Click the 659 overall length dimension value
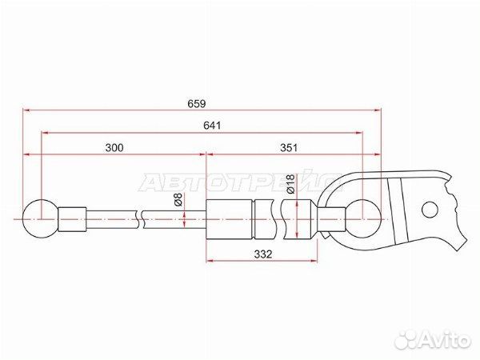197,104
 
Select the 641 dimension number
212,126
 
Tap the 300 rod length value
114,147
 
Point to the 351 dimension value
289,147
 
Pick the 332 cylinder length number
263,254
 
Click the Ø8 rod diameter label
178,200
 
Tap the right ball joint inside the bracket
363,218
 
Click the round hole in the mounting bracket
430,210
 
